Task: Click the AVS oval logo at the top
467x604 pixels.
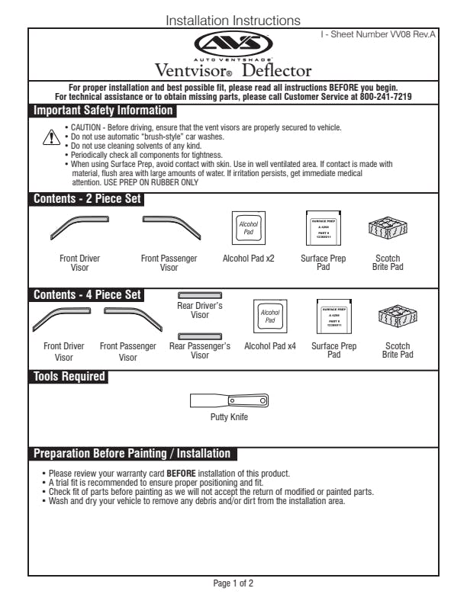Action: pos(233,44)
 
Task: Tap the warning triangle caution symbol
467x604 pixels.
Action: pos(50,137)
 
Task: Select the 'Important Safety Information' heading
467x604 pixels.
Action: pos(102,111)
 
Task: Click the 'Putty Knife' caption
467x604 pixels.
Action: pos(229,417)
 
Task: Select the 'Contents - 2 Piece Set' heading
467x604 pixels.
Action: pos(87,200)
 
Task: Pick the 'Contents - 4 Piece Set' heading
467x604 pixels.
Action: pos(87,294)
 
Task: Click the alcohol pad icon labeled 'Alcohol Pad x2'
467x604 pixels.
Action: pos(248,226)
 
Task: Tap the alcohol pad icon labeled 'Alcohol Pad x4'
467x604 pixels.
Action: pos(269,316)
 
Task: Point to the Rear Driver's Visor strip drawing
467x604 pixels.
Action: pos(199,294)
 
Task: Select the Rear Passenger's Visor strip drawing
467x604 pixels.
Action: pos(199,336)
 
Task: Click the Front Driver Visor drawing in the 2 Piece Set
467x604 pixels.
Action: pos(79,226)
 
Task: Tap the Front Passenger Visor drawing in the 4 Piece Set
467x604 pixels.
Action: pos(130,316)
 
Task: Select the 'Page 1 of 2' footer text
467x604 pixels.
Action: pos(233,583)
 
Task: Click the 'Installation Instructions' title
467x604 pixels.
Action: pos(233,20)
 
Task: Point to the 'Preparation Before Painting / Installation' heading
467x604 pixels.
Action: pos(131,454)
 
